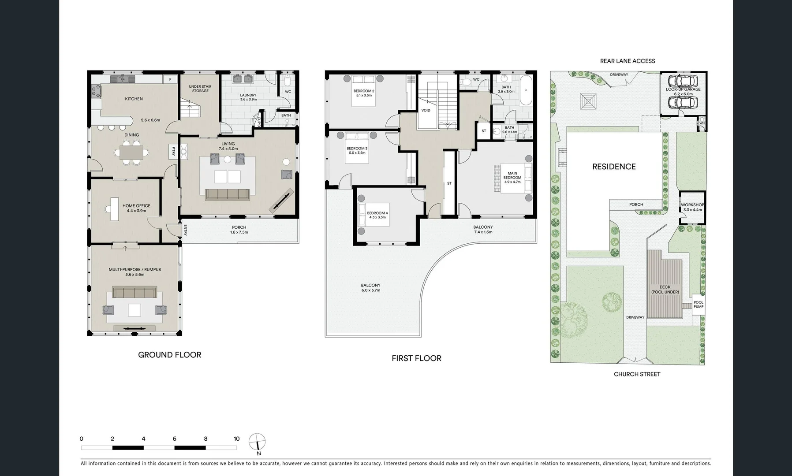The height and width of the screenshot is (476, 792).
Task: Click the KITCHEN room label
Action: tap(134, 99)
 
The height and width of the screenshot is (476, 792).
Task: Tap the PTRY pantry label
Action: tap(173, 151)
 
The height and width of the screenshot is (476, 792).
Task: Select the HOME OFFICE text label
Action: tap(136, 206)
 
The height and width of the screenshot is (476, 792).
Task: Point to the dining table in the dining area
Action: tap(132, 152)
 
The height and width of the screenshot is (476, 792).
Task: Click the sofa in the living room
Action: tap(227, 194)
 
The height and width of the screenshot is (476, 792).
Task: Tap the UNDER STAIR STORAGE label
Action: tap(200, 89)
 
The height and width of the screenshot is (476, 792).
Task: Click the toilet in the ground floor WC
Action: tap(287, 81)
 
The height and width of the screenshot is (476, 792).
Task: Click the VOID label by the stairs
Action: tap(426, 110)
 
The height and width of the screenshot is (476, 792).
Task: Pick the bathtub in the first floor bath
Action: tap(526, 91)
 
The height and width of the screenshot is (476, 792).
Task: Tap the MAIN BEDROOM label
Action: tap(512, 175)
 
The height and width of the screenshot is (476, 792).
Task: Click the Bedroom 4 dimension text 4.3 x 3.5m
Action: tap(377, 217)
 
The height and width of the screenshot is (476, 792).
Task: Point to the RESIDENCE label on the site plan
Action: tap(614, 167)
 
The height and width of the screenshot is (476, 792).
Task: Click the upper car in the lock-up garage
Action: tap(683, 81)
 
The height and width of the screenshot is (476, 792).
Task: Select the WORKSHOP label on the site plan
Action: tap(692, 205)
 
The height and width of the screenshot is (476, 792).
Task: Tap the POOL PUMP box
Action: tap(698, 305)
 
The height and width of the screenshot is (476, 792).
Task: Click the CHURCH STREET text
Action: tap(637, 374)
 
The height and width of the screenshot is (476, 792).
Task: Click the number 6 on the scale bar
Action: tap(175, 439)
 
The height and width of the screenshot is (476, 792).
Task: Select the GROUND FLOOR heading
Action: tap(169, 355)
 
